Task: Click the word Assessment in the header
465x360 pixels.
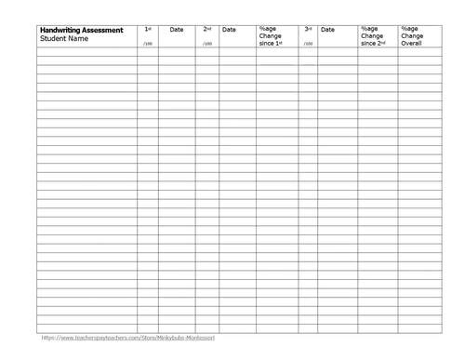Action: coord(103,30)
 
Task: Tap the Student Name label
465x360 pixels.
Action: coord(64,38)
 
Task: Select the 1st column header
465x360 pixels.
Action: coord(148,30)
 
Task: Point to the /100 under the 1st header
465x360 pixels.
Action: coord(147,44)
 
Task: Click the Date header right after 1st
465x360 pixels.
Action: coord(177,30)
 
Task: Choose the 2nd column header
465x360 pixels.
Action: coord(207,30)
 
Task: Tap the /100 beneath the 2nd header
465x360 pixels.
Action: coord(206,44)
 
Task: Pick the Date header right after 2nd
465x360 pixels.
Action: coord(229,30)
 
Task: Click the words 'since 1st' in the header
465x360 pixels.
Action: coord(271,43)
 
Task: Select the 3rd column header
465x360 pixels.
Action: coord(308,30)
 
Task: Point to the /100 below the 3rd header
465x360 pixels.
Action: coord(308,44)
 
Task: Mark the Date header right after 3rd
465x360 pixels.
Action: coord(327,30)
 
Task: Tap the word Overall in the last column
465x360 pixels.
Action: coord(412,43)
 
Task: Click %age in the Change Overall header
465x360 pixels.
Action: coord(410,29)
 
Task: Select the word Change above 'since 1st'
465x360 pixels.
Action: coord(271,36)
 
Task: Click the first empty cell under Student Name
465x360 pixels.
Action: coord(86,52)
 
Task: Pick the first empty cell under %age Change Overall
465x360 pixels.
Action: coord(419,52)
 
